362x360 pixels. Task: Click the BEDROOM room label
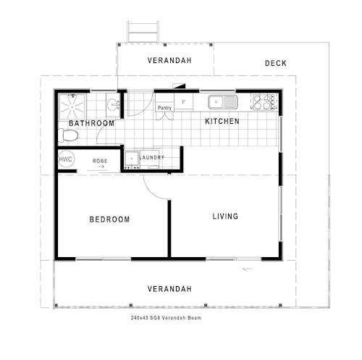[109, 219]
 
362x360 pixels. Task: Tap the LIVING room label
[225, 216]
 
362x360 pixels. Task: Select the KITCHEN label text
[222, 122]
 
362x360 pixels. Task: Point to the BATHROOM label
[91, 124]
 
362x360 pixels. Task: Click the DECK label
[275, 64]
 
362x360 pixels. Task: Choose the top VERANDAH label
[169, 61]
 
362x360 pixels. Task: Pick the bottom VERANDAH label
[169, 289]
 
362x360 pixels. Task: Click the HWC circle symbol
[66, 159]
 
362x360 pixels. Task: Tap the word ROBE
[100, 160]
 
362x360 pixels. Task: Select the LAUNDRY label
[151, 157]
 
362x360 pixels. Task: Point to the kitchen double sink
[222, 102]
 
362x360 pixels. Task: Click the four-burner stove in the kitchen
[264, 102]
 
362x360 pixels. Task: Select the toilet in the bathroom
[66, 135]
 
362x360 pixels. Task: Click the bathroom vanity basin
[113, 105]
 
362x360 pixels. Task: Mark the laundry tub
[132, 158]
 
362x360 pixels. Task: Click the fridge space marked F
[183, 102]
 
